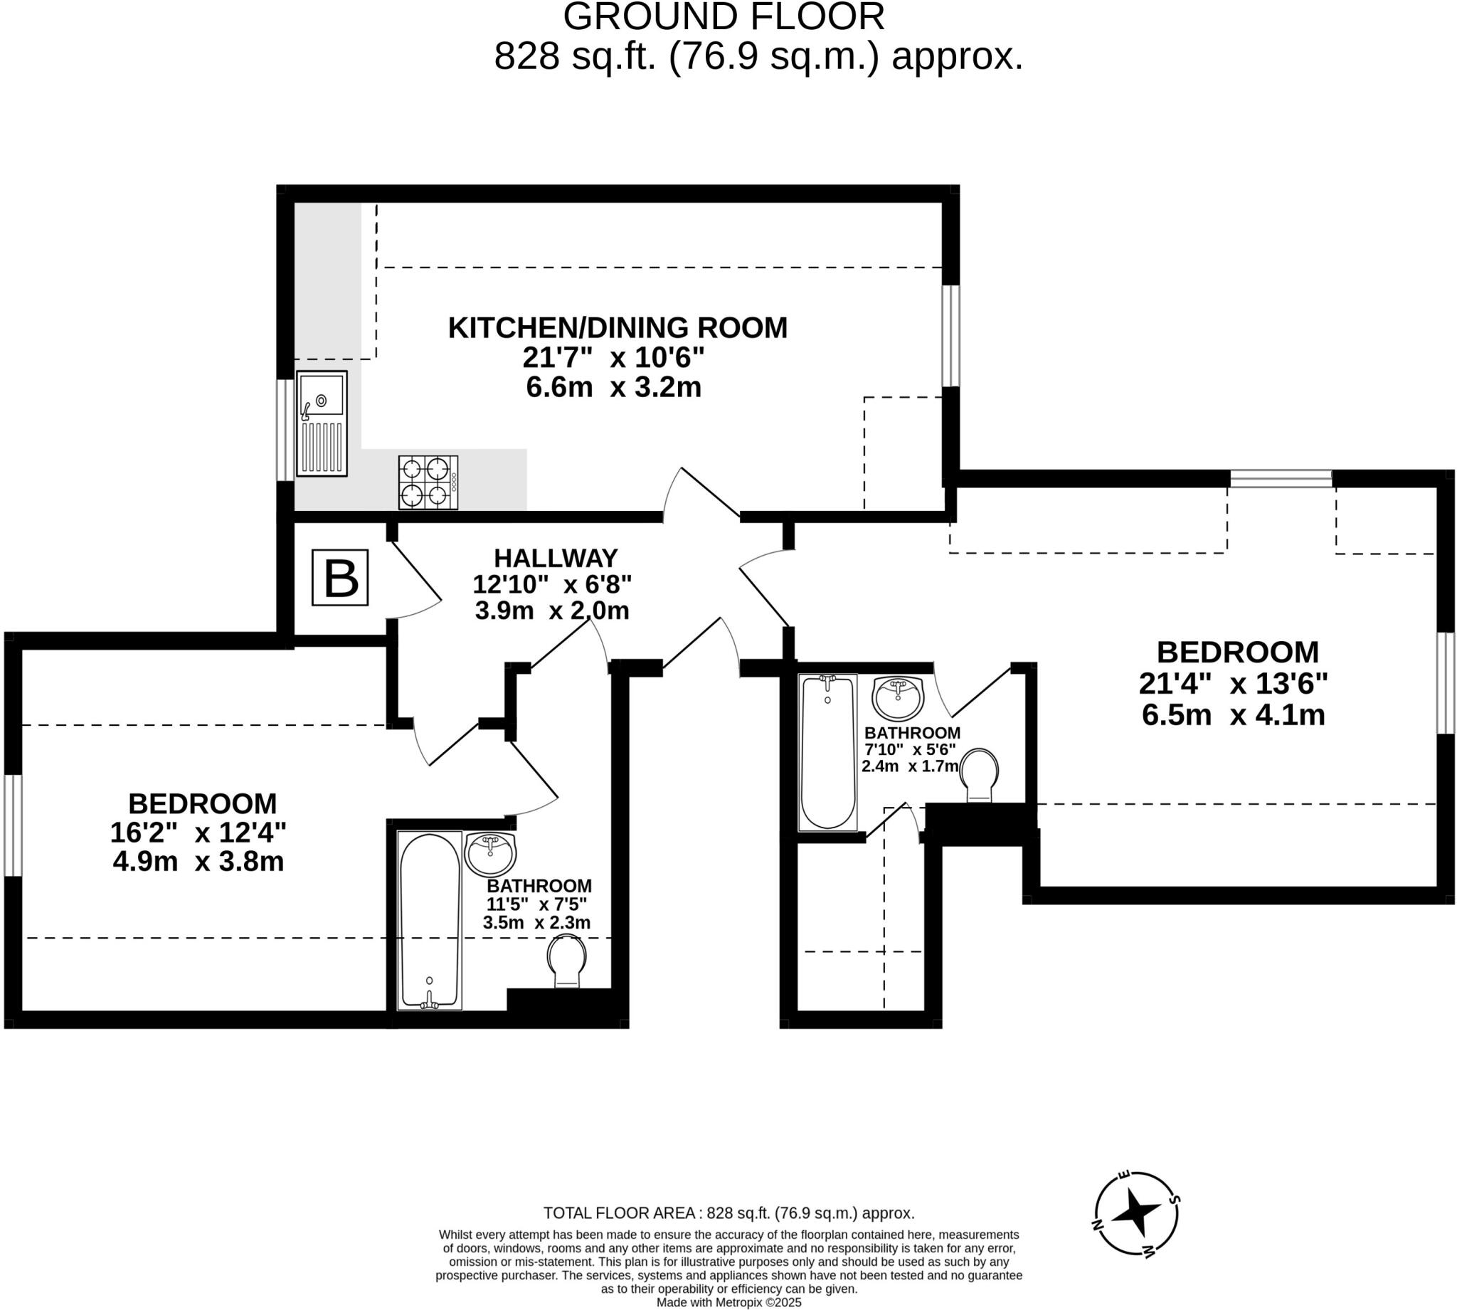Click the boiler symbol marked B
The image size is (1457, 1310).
[x=339, y=577]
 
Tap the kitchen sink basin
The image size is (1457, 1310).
[x=321, y=394]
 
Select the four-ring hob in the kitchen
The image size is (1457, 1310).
[x=428, y=482]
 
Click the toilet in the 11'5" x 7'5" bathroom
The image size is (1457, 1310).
[x=566, y=960]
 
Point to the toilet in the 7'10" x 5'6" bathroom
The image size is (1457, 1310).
[x=979, y=774]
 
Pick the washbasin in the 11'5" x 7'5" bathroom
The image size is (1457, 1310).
[x=491, y=853]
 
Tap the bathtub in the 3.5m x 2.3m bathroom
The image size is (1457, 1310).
[x=430, y=921]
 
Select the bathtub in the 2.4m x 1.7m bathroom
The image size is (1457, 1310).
[x=827, y=750]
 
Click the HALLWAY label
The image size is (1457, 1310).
[x=556, y=558]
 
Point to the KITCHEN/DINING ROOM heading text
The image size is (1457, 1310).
[x=618, y=327]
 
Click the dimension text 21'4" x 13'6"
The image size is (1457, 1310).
[x=1232, y=683]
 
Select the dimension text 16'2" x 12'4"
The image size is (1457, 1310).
[x=198, y=832]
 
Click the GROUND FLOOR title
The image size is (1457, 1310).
[x=723, y=17]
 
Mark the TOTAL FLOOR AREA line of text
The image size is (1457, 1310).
[x=728, y=1213]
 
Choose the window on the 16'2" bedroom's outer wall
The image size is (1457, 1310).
[x=13, y=825]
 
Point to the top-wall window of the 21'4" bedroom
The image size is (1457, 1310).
[x=1280, y=478]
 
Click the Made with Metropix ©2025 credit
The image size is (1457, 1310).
[x=728, y=1302]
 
